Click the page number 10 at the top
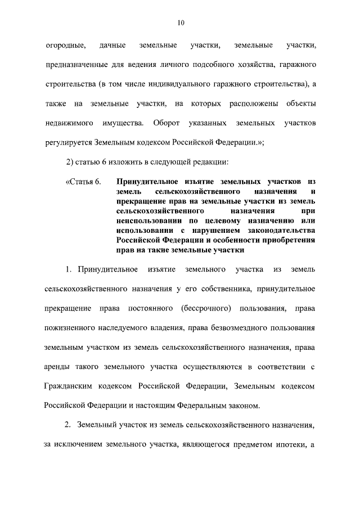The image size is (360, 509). (180, 22)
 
